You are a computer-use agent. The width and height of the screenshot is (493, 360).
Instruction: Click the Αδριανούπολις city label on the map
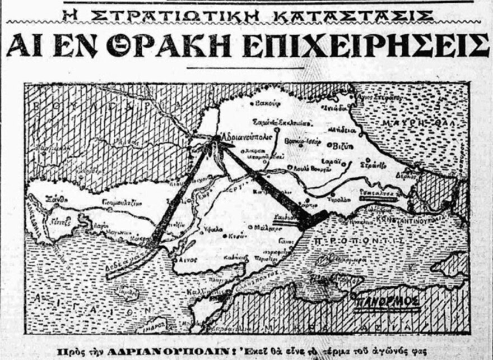pos(246,136)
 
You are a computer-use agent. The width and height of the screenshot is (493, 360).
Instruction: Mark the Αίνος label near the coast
pos(194,260)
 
